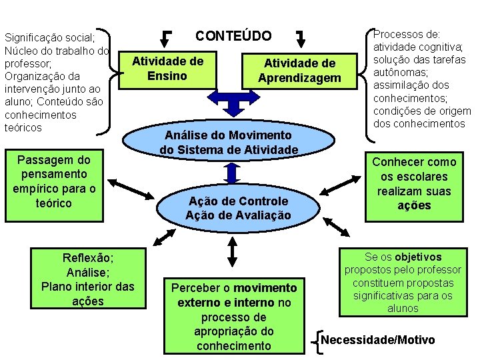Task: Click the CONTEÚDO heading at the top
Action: (x=233, y=36)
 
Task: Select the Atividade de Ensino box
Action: (x=167, y=69)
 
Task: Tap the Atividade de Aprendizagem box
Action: (x=299, y=71)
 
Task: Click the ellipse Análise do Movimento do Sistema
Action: (x=229, y=142)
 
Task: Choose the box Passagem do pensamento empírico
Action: (x=55, y=181)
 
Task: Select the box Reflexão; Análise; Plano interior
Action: (x=88, y=279)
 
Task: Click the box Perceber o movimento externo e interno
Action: (x=233, y=316)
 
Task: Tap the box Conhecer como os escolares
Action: (x=414, y=183)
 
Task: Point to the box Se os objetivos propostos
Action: (x=402, y=282)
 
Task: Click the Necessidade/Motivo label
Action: (x=377, y=340)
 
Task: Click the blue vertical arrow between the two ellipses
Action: (x=232, y=173)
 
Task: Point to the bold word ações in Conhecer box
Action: (x=414, y=205)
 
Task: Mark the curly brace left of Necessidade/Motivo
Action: (x=317, y=340)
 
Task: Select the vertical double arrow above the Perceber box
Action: (x=232, y=251)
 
